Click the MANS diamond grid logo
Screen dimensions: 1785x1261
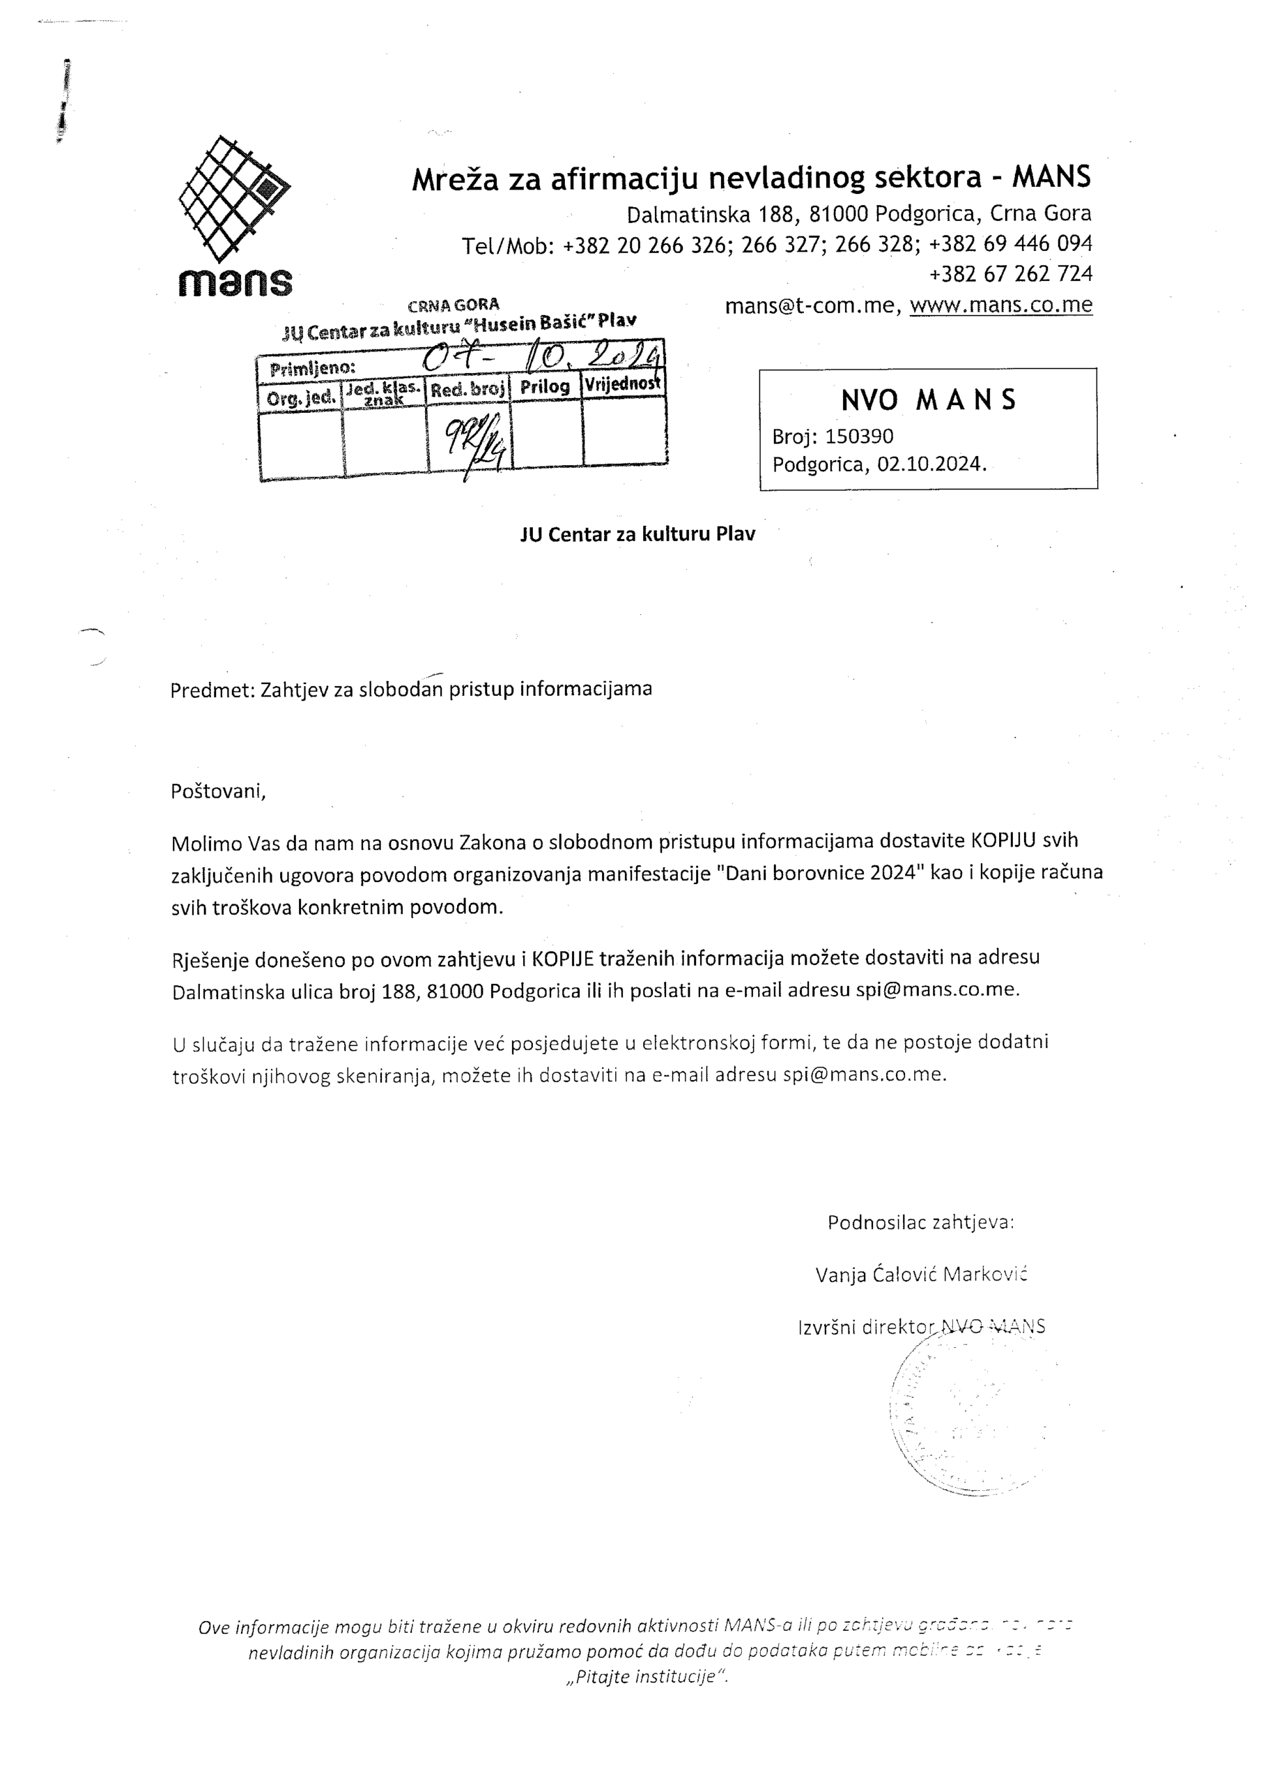click(x=234, y=198)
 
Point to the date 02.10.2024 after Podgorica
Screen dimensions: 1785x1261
click(x=931, y=464)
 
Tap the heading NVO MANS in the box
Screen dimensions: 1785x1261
click(x=929, y=400)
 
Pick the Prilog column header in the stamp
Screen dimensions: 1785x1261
click(x=545, y=386)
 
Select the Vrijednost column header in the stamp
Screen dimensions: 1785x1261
click(x=622, y=383)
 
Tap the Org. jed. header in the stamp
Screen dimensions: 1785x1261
click(x=302, y=398)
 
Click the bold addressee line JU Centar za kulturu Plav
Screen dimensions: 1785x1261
click(x=637, y=534)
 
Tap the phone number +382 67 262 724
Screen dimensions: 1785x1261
click(x=1010, y=273)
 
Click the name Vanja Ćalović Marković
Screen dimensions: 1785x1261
click(x=922, y=1274)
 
